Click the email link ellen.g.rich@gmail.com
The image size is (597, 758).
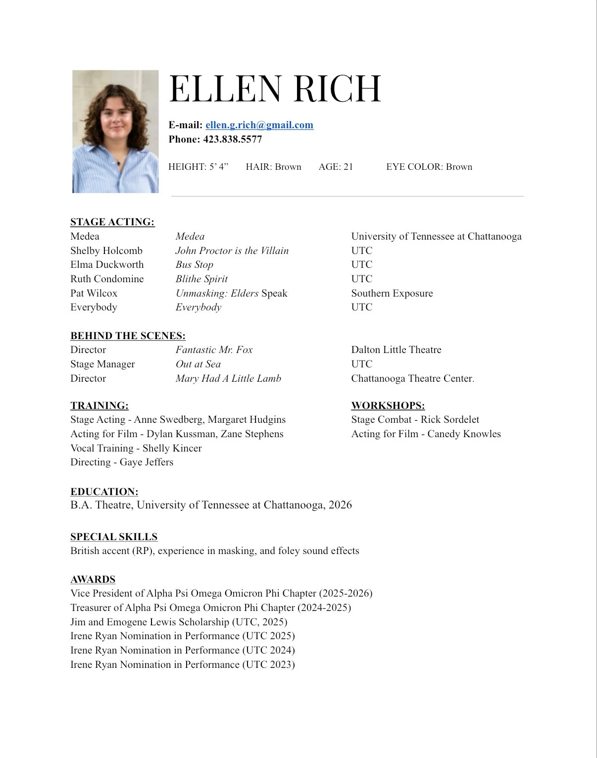[x=259, y=125]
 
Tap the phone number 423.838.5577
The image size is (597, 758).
[x=232, y=140]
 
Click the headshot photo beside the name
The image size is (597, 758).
[x=115, y=131]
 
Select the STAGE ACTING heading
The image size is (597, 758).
[x=112, y=222]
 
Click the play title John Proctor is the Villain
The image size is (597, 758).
[x=232, y=251]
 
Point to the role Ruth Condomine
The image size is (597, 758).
[x=107, y=279]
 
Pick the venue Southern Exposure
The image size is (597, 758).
[x=392, y=294]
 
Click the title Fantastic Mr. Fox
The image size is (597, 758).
[x=214, y=350]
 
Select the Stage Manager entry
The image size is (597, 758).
[x=102, y=364]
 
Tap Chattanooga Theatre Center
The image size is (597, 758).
[x=412, y=379]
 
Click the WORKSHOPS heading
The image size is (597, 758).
[x=388, y=406]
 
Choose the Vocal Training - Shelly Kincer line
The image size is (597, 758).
[x=136, y=449]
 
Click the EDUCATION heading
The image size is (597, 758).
[x=104, y=492]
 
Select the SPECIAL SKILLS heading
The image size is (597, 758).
[x=114, y=537]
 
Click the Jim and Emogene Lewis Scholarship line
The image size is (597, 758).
[x=179, y=622]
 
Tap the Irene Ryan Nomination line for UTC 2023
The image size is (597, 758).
[x=182, y=665]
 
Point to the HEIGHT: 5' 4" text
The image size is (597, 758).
[x=198, y=167]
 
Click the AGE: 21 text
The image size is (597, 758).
[x=336, y=167]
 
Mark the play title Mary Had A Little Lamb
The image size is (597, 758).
[x=228, y=379]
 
